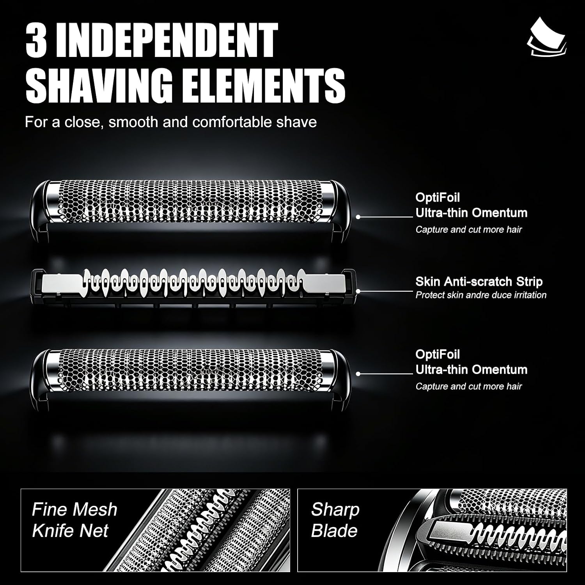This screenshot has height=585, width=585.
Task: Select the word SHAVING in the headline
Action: [x=99, y=85]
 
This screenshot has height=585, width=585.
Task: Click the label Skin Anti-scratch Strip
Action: [x=479, y=282]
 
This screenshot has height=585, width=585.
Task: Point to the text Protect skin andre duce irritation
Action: [x=481, y=295]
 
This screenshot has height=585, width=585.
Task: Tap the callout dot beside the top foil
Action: [x=358, y=217]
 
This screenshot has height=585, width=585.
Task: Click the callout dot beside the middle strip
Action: [x=358, y=291]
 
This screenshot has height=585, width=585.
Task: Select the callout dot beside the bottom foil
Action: [x=358, y=374]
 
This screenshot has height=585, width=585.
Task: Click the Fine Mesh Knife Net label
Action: [x=74, y=520]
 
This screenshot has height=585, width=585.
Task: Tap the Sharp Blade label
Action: [x=335, y=520]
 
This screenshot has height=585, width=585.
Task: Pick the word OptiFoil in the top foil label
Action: [x=438, y=197]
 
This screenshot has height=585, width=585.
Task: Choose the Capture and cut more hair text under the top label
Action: [x=468, y=229]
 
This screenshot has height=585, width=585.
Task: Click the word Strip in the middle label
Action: [x=529, y=282]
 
